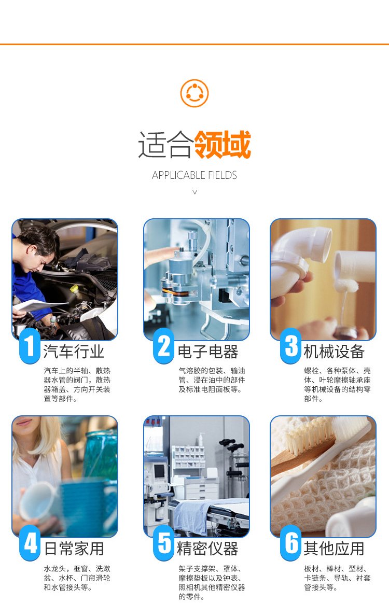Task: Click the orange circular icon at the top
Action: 195,93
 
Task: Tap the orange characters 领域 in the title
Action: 223,145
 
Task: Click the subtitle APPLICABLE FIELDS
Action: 195,175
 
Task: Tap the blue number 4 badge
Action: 30,543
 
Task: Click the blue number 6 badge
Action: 291,543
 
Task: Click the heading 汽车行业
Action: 74,352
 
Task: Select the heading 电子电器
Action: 208,352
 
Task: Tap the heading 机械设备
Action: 334,352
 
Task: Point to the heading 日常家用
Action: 74,549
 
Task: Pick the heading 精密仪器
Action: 208,549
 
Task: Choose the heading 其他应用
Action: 334,549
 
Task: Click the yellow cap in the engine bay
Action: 74,288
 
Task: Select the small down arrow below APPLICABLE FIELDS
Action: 195,191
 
